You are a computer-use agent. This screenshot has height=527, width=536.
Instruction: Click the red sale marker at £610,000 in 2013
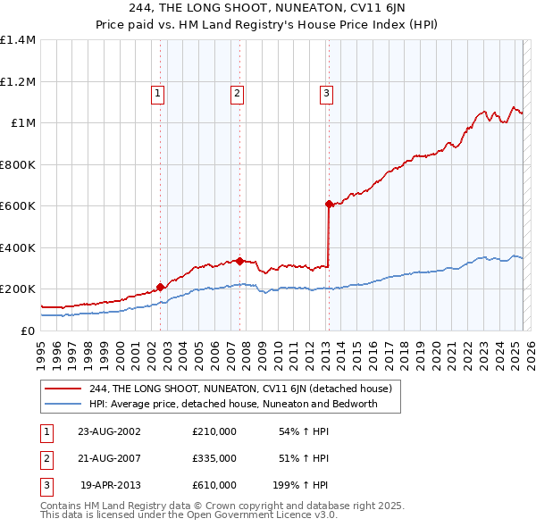pyautogui.click(x=329, y=205)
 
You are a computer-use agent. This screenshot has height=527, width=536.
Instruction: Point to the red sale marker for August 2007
pyautogui.click(x=240, y=261)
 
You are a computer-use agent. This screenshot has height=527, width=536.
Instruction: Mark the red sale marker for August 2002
pyautogui.click(x=161, y=287)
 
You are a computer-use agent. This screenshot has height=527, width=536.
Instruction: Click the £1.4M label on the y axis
pyautogui.click(x=18, y=40)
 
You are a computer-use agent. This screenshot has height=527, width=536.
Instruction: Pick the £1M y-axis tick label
pyautogui.click(x=23, y=123)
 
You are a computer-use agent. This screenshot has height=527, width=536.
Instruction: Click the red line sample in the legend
pyautogui.click(x=63, y=389)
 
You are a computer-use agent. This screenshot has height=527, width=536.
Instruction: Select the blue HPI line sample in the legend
pyautogui.click(x=63, y=404)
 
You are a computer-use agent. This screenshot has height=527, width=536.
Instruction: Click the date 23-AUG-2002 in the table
pyautogui.click(x=109, y=431)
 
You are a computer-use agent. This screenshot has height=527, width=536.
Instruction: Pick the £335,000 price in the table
pyautogui.click(x=214, y=458)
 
